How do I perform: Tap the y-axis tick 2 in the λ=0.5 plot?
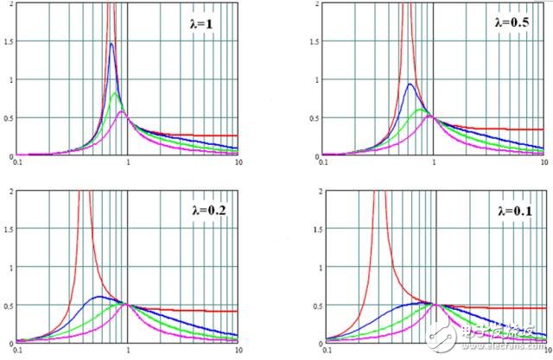pyautogui.click(x=316, y=4)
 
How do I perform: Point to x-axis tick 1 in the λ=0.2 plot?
pyautogui.click(x=127, y=349)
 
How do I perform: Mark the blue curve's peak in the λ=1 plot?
pyautogui.click(x=111, y=43)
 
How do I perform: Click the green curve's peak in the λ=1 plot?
pyautogui.click(x=115, y=92)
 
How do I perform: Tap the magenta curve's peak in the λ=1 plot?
pyautogui.click(x=122, y=111)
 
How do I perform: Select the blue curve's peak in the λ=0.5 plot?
pyautogui.click(x=410, y=84)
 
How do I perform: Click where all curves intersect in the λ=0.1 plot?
pyautogui.click(x=436, y=304)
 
